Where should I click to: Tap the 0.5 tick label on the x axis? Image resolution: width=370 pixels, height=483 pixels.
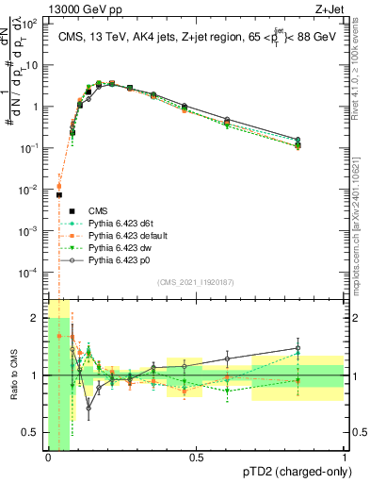point(196,458)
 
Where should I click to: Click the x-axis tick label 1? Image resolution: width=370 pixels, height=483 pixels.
point(345,458)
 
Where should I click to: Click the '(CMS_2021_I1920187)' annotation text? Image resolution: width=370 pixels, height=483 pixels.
point(195,282)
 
